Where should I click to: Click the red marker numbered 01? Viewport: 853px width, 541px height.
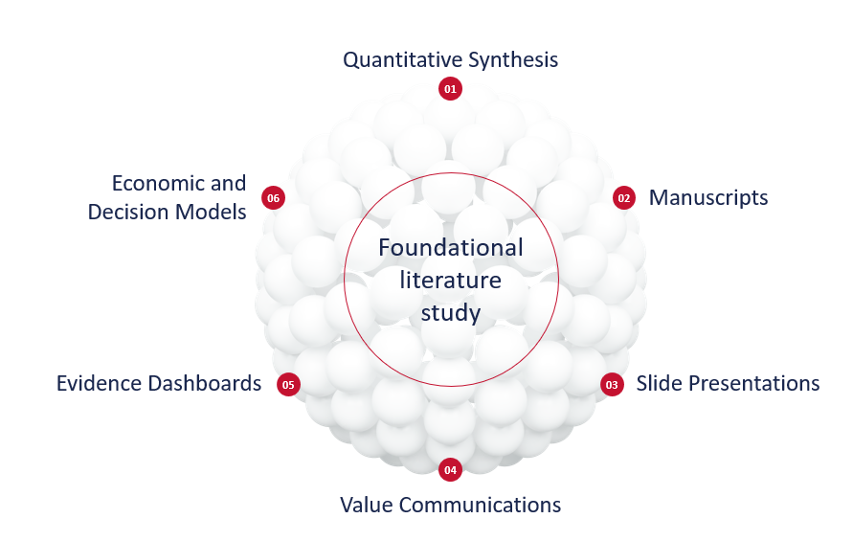(450, 89)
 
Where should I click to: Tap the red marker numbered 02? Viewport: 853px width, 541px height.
(624, 198)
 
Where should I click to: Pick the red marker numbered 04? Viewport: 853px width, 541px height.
(450, 470)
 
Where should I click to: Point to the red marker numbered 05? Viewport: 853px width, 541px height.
(288, 384)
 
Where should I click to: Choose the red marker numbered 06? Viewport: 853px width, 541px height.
(274, 198)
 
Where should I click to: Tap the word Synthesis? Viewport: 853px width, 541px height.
(514, 60)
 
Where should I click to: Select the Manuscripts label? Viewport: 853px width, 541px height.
(708, 198)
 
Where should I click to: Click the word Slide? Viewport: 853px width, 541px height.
(659, 384)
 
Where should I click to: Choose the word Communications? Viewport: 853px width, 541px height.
(480, 505)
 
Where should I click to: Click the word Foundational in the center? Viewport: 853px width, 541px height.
(451, 248)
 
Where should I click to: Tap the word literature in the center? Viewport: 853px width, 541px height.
(451, 281)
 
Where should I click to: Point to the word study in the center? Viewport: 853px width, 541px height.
(451, 313)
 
